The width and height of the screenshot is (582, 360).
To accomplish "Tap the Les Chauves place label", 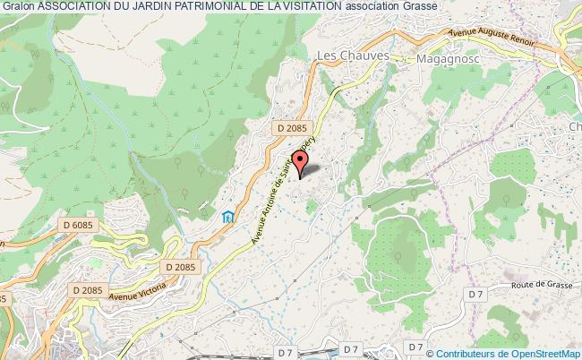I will (356, 56).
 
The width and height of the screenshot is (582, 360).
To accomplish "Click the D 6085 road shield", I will (80, 224).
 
